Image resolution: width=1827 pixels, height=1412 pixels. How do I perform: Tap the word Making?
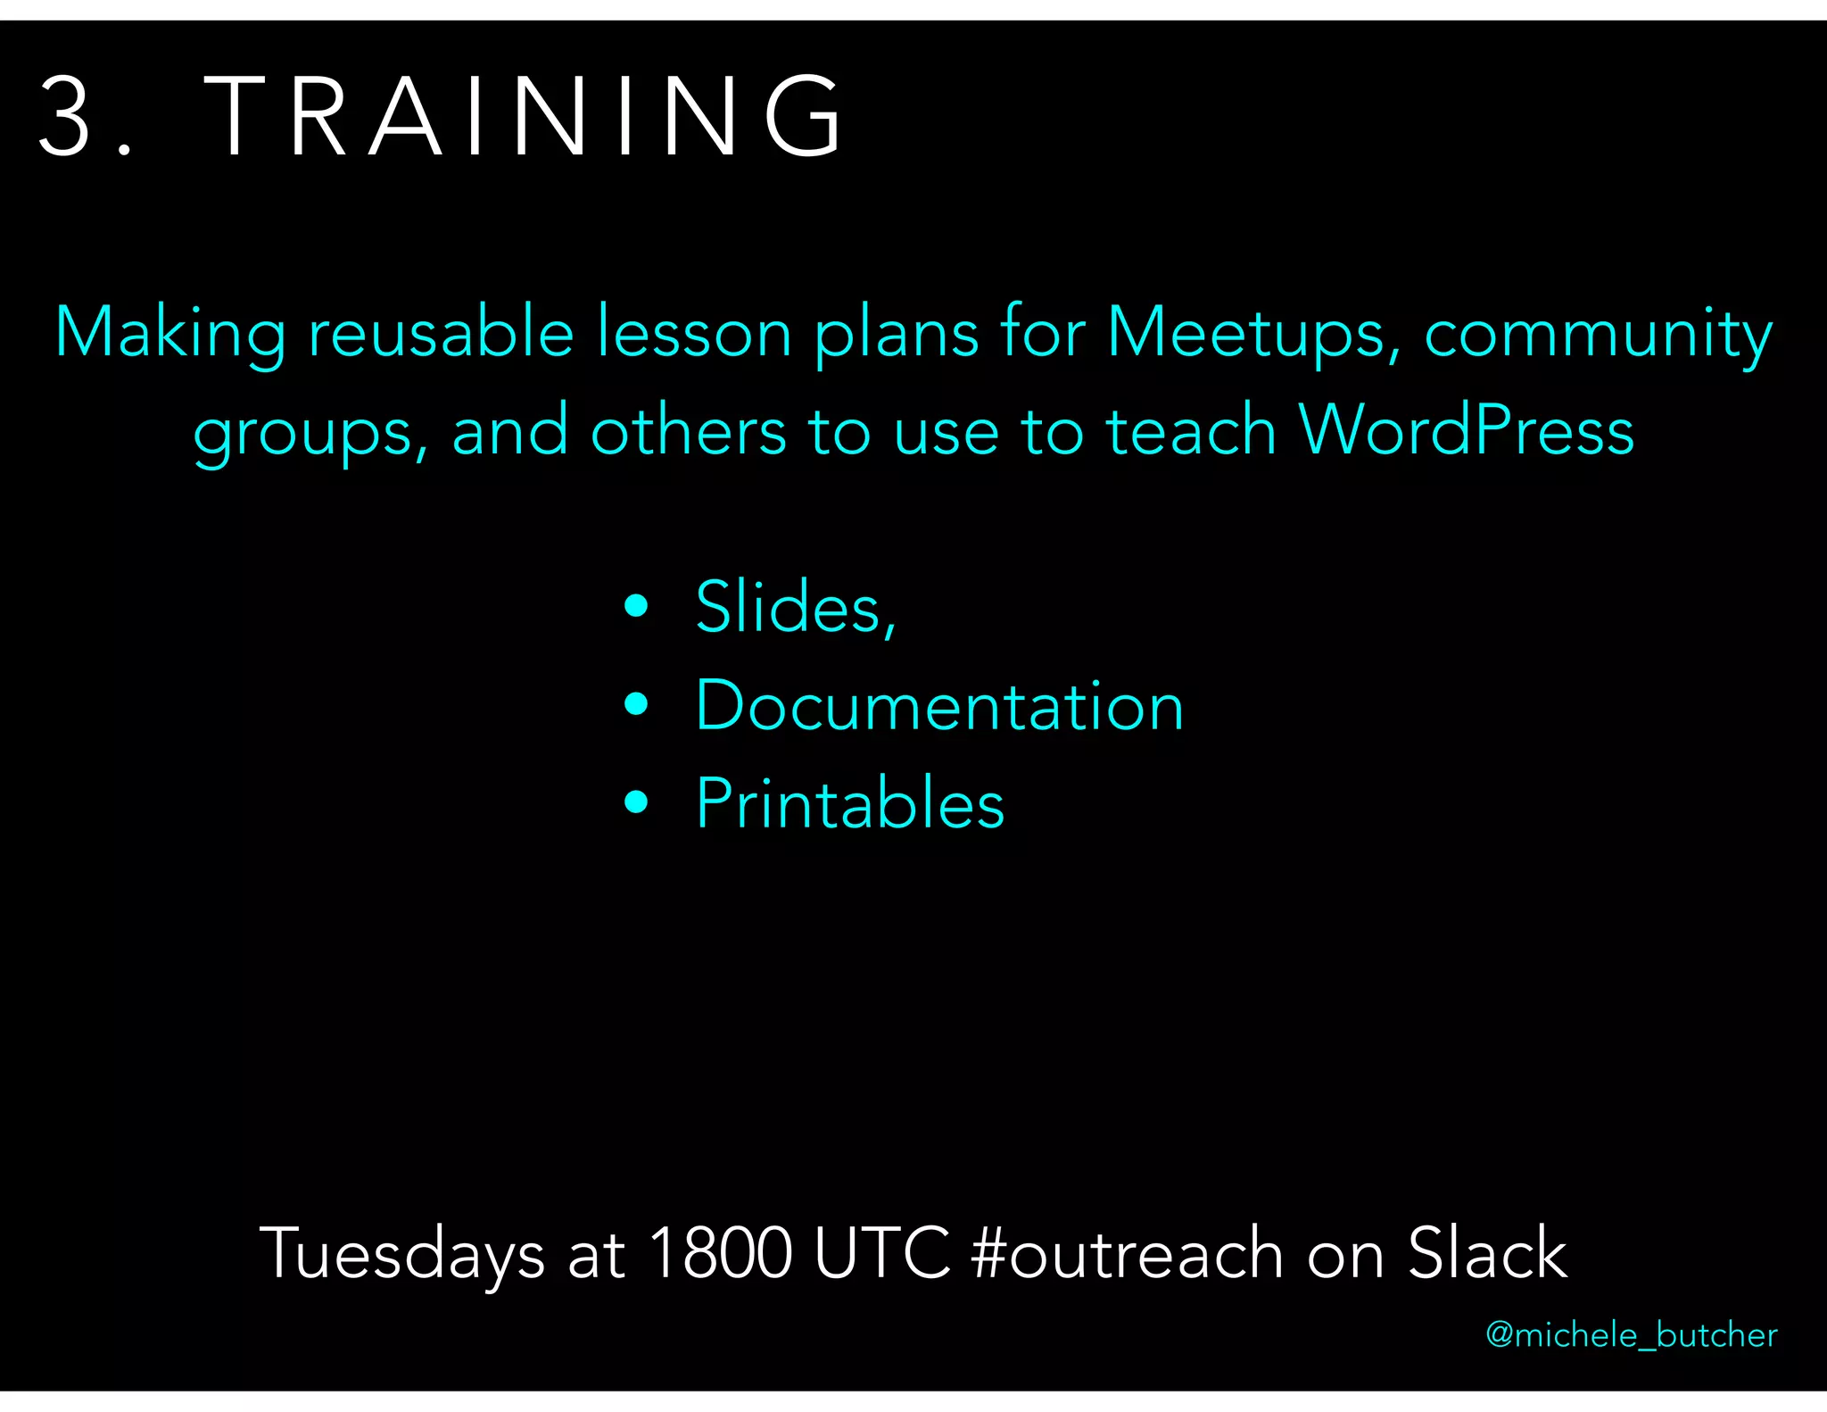pos(169,333)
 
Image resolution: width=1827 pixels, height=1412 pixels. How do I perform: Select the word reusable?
pos(441,333)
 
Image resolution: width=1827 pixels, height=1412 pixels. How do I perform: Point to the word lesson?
pos(694,333)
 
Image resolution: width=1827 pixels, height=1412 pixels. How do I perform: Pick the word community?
pos(1598,333)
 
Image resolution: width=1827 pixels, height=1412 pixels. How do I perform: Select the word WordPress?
pos(1466,430)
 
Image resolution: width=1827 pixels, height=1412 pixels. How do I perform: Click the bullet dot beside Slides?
pos(636,607)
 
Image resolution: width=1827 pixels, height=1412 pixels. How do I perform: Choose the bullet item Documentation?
pos(939,706)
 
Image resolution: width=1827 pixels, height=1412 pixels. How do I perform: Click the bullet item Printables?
pos(850,803)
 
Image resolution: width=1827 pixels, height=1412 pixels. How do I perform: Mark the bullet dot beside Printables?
pos(636,802)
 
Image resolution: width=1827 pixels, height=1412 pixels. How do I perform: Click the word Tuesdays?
pos(401,1253)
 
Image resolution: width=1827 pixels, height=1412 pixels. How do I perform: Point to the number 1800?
pos(720,1253)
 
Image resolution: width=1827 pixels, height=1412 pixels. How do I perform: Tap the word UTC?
pos(882,1253)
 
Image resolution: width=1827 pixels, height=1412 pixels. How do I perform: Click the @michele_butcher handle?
pos(1631,1335)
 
